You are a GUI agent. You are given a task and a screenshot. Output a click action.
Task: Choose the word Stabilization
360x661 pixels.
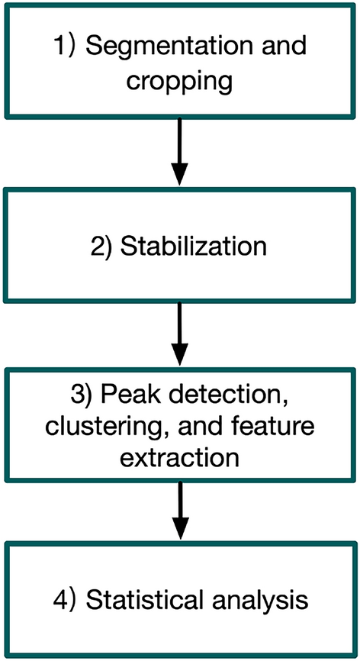click(194, 247)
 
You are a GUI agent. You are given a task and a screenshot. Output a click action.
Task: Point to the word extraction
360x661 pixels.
click(180, 460)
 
